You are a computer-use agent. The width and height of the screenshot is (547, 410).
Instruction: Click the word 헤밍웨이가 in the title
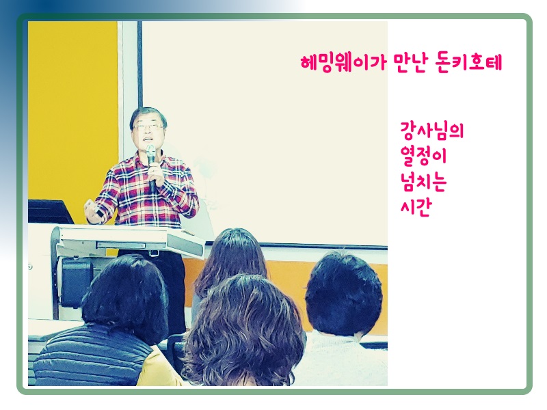[x=344, y=63]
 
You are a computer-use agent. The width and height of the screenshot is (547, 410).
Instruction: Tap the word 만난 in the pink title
[x=410, y=63]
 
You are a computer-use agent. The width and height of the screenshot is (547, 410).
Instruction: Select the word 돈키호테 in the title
[x=468, y=63]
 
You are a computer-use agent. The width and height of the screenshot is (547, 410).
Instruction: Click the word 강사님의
[x=432, y=131]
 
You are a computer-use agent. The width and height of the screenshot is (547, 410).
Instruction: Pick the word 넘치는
[x=423, y=182]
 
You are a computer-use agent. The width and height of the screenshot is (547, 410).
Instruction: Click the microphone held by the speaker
[x=151, y=167]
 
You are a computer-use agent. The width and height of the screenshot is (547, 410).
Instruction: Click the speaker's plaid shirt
[x=146, y=192]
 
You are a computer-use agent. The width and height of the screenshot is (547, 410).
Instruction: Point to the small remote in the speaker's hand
[x=98, y=212]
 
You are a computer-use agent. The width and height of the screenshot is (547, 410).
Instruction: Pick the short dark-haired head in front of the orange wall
[x=344, y=294]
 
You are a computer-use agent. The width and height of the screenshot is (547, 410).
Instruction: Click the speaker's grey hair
[x=148, y=115]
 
